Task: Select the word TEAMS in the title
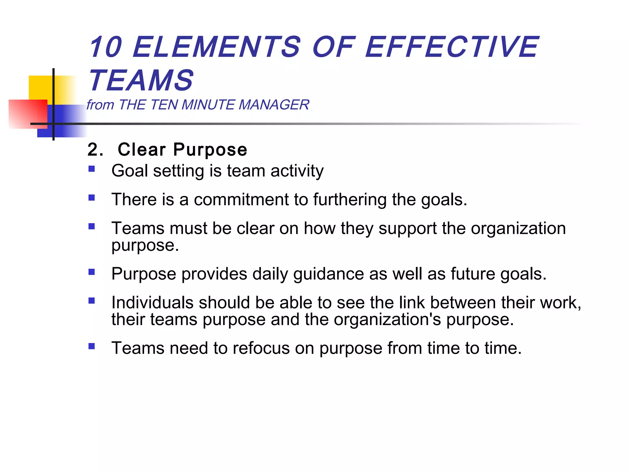[141, 81]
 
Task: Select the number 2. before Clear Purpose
[95, 150]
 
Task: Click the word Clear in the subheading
[142, 150]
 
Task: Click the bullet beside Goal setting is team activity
[92, 169]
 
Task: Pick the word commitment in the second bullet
[241, 200]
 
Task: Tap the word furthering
[350, 200]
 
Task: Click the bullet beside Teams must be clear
[92, 226]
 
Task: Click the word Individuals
[152, 303]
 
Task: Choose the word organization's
[387, 320]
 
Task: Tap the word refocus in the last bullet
[261, 348]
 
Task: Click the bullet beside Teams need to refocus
[92, 346]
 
